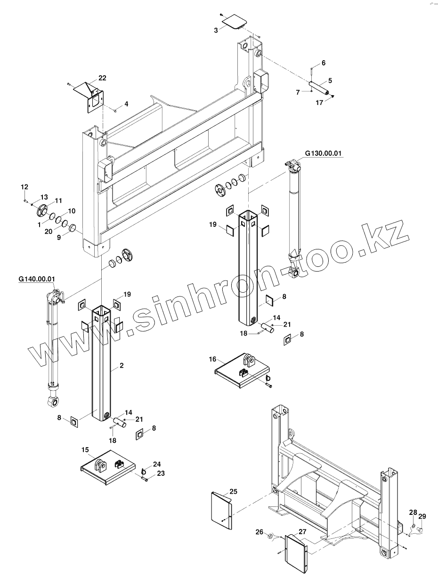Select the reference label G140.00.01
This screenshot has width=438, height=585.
click(x=38, y=279)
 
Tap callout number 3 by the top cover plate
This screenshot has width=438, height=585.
click(x=216, y=30)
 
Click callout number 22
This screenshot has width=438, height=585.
click(x=102, y=78)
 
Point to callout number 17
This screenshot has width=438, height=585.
click(x=320, y=102)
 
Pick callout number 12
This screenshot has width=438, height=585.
click(x=24, y=187)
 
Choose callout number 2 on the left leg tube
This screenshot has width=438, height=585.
click(x=122, y=365)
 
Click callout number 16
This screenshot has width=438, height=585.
click(x=212, y=359)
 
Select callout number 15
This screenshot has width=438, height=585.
click(x=85, y=450)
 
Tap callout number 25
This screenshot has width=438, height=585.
click(x=233, y=491)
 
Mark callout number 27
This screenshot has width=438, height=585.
click(x=302, y=531)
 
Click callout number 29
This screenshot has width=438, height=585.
click(x=422, y=516)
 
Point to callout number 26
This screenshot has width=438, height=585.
click(x=259, y=532)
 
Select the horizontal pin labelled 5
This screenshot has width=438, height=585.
click(x=320, y=88)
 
